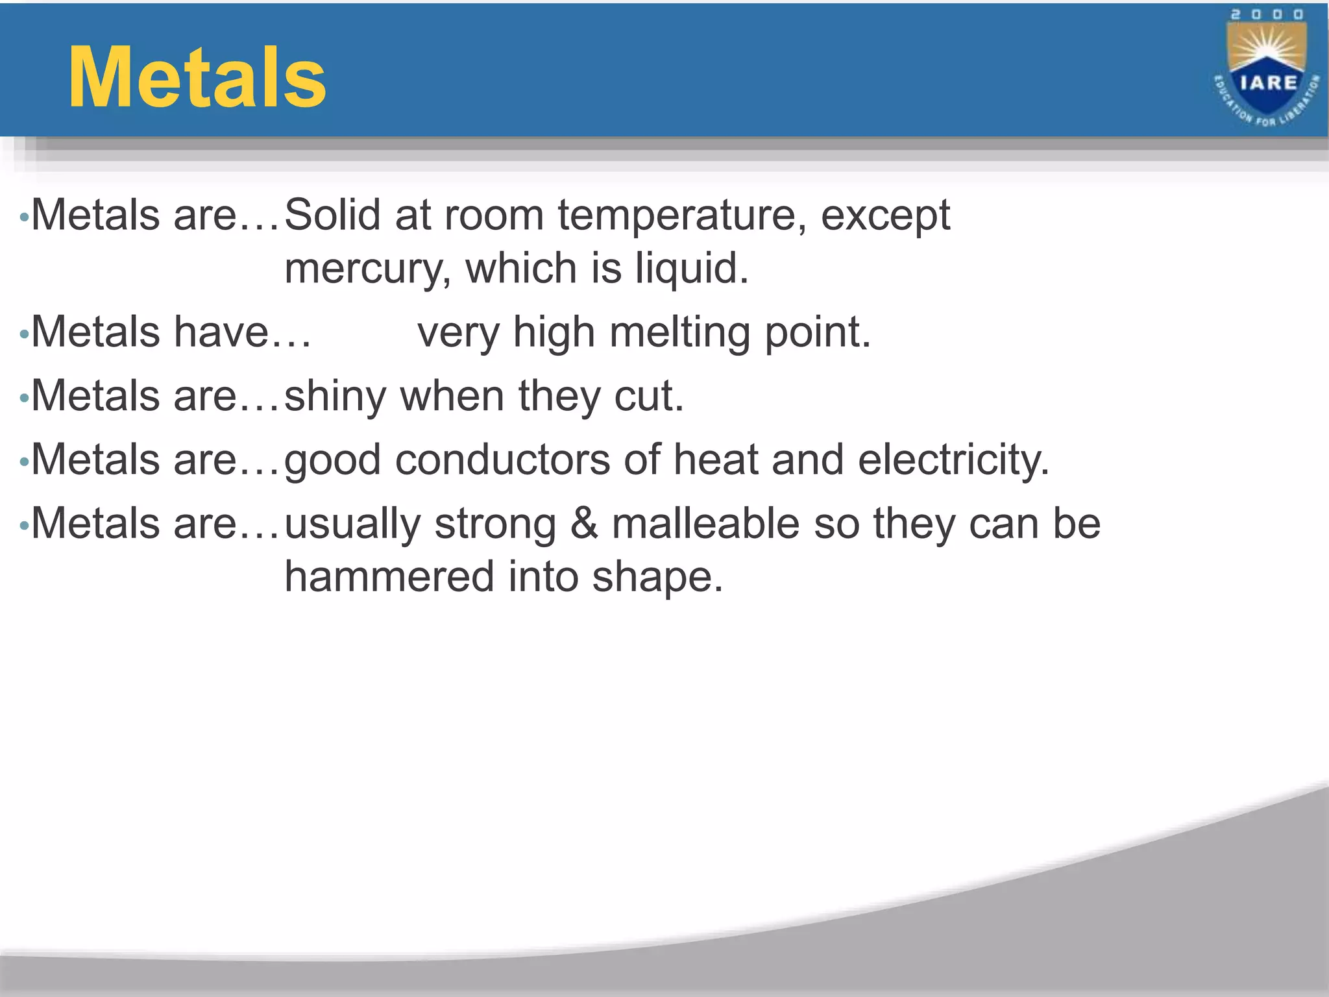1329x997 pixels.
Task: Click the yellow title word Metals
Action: coord(197,79)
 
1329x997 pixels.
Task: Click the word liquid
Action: coord(692,268)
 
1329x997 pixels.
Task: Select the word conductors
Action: coord(502,460)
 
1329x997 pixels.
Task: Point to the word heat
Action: coord(715,460)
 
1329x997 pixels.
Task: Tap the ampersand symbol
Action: coord(584,524)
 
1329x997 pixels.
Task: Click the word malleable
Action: coord(705,524)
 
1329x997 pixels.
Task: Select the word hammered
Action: coord(389,577)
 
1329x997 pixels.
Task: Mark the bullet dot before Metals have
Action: coord(24,336)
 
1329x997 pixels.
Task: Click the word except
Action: coord(885,216)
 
